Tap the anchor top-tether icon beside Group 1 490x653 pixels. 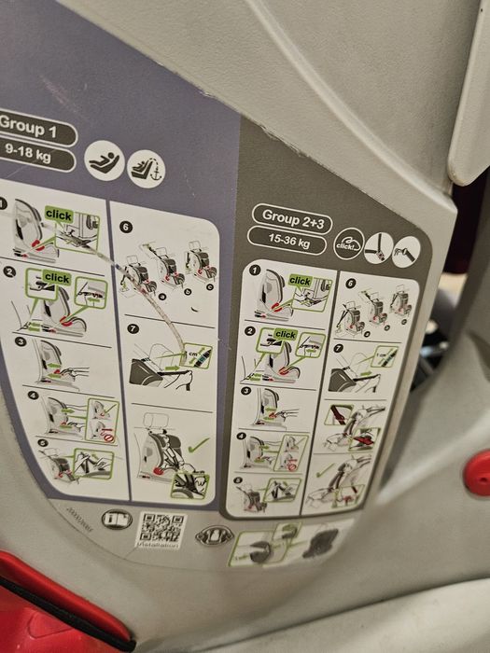click(x=146, y=169)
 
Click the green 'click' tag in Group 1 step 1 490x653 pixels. click(x=58, y=215)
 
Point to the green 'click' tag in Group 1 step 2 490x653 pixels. click(x=57, y=278)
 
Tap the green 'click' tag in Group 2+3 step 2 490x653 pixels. click(x=286, y=334)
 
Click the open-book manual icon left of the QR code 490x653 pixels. click(x=117, y=520)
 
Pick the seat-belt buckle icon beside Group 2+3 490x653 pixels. click(x=378, y=248)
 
